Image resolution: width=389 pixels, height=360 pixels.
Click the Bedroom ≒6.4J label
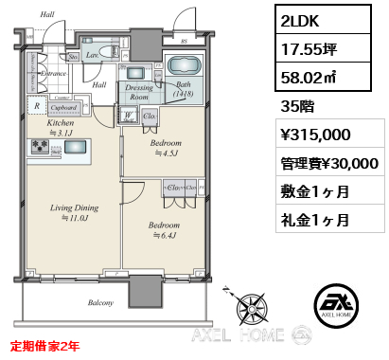(x=167, y=231)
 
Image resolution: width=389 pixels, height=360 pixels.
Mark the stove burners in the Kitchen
(x=43, y=146)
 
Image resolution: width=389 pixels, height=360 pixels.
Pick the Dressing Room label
(x=138, y=92)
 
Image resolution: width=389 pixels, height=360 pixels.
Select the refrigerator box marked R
(x=36, y=106)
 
